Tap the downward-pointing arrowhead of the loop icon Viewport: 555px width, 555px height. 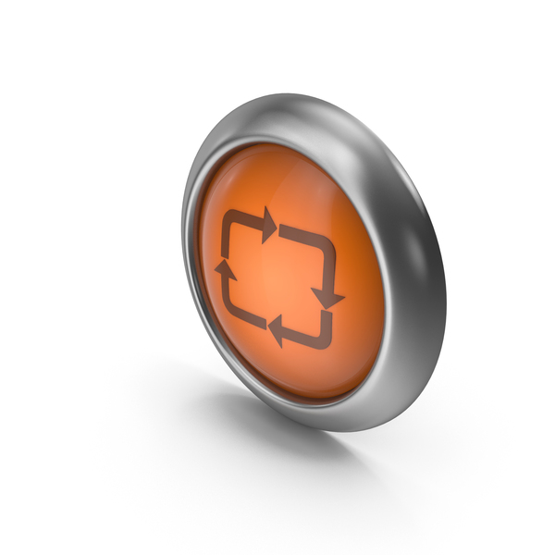[326, 294]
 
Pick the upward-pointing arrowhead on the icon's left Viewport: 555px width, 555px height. [224, 267]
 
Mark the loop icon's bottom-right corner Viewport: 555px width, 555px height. [327, 340]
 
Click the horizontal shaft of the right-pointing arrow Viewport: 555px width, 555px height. [242, 218]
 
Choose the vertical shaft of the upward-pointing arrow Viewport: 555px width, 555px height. [224, 288]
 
